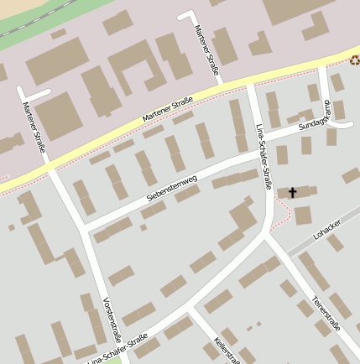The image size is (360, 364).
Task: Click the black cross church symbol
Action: (x=293, y=193)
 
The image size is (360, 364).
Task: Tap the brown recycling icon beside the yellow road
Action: (x=355, y=60)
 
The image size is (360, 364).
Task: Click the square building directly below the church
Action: (x=303, y=216)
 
